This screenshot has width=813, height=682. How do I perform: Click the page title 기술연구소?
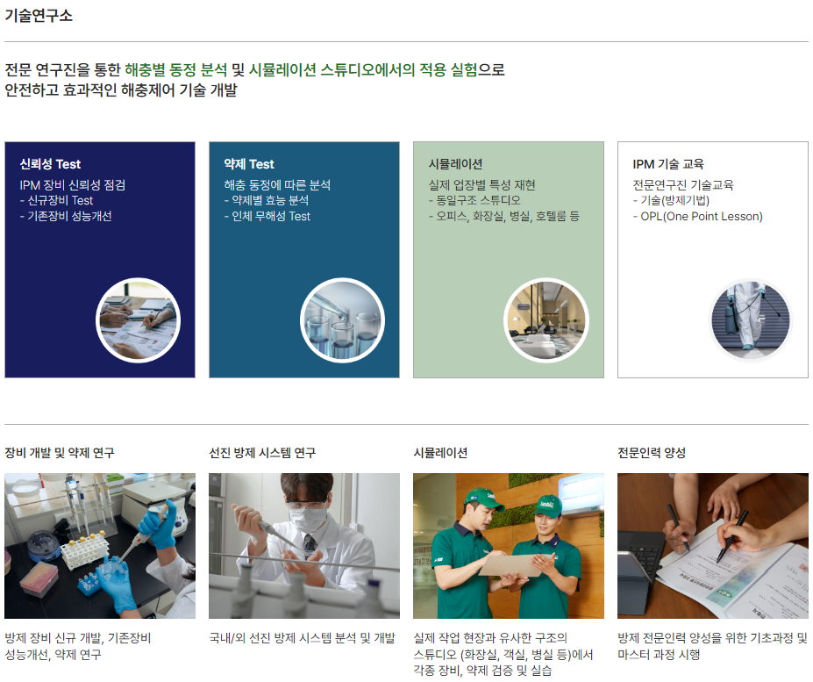(x=39, y=16)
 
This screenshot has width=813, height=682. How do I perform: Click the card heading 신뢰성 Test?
(x=50, y=164)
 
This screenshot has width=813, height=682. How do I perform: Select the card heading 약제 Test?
(x=249, y=164)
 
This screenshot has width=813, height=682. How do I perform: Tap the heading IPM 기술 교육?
(x=668, y=164)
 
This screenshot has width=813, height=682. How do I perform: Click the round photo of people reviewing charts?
(x=138, y=320)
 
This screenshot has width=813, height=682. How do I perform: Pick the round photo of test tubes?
(x=342, y=320)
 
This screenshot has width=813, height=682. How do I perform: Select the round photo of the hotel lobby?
(x=546, y=320)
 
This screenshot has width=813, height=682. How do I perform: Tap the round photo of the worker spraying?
(x=750, y=320)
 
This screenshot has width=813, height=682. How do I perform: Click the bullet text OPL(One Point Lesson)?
(x=702, y=217)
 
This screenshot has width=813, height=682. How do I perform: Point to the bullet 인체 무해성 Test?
(x=271, y=217)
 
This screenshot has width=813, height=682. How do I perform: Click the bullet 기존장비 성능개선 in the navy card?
(x=69, y=217)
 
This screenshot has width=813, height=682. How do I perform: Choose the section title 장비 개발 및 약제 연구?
(x=60, y=453)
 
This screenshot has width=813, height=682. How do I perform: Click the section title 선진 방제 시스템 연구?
(x=262, y=453)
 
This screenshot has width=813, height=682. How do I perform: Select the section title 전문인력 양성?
(x=652, y=453)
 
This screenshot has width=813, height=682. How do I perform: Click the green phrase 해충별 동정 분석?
(x=175, y=69)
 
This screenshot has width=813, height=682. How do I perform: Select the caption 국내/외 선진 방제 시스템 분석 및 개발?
(x=302, y=638)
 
